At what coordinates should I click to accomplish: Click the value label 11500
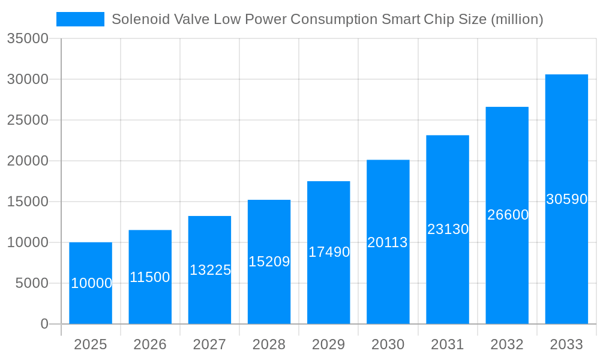click(150, 277)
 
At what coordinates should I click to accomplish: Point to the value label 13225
click(210, 270)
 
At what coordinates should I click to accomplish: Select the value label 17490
click(329, 252)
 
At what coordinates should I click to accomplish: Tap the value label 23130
click(448, 229)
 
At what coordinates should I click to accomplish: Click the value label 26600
click(508, 215)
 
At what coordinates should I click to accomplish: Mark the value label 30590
click(566, 199)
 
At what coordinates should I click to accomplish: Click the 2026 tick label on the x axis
click(150, 344)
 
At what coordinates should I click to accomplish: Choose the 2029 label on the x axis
click(329, 344)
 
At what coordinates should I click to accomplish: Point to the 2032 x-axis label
click(507, 344)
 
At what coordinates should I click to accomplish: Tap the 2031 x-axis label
click(448, 344)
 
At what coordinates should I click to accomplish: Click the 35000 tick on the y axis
click(27, 38)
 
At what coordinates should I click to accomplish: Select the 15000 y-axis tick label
click(27, 202)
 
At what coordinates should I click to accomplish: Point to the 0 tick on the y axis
click(44, 324)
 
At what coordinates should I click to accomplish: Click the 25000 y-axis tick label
click(27, 120)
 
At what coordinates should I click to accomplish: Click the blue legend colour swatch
click(80, 19)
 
